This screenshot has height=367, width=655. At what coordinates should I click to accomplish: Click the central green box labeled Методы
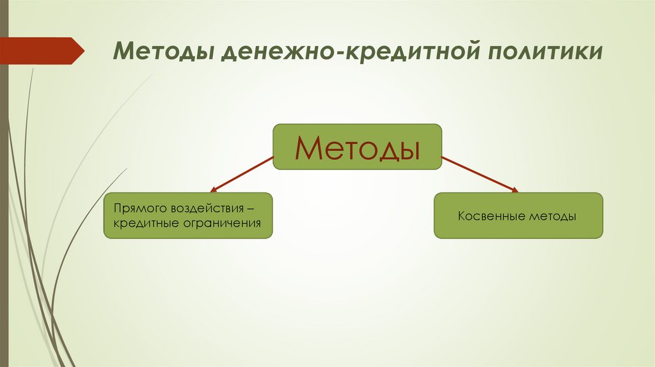coord(358,146)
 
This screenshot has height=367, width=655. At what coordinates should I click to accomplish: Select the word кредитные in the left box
coord(145,224)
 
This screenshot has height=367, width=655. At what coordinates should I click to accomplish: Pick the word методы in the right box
coord(553,217)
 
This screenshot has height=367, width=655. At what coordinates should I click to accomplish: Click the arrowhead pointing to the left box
coord(214,190)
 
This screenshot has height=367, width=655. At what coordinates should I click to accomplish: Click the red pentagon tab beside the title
coord(42,51)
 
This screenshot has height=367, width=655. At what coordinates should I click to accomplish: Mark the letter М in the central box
coord(308,148)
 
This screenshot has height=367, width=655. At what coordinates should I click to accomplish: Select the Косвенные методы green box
coord(518,215)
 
